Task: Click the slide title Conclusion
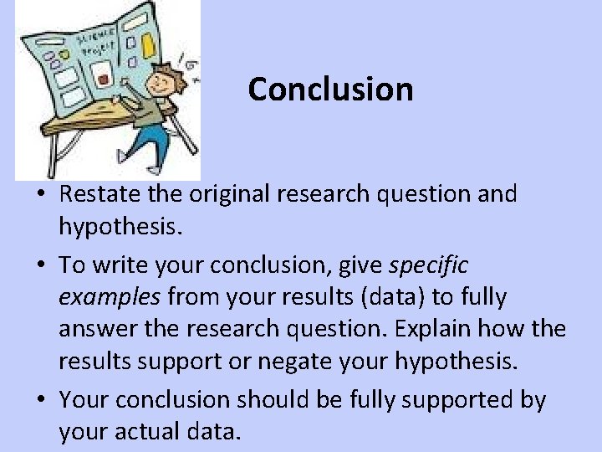point(330,89)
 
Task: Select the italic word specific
point(429,265)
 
